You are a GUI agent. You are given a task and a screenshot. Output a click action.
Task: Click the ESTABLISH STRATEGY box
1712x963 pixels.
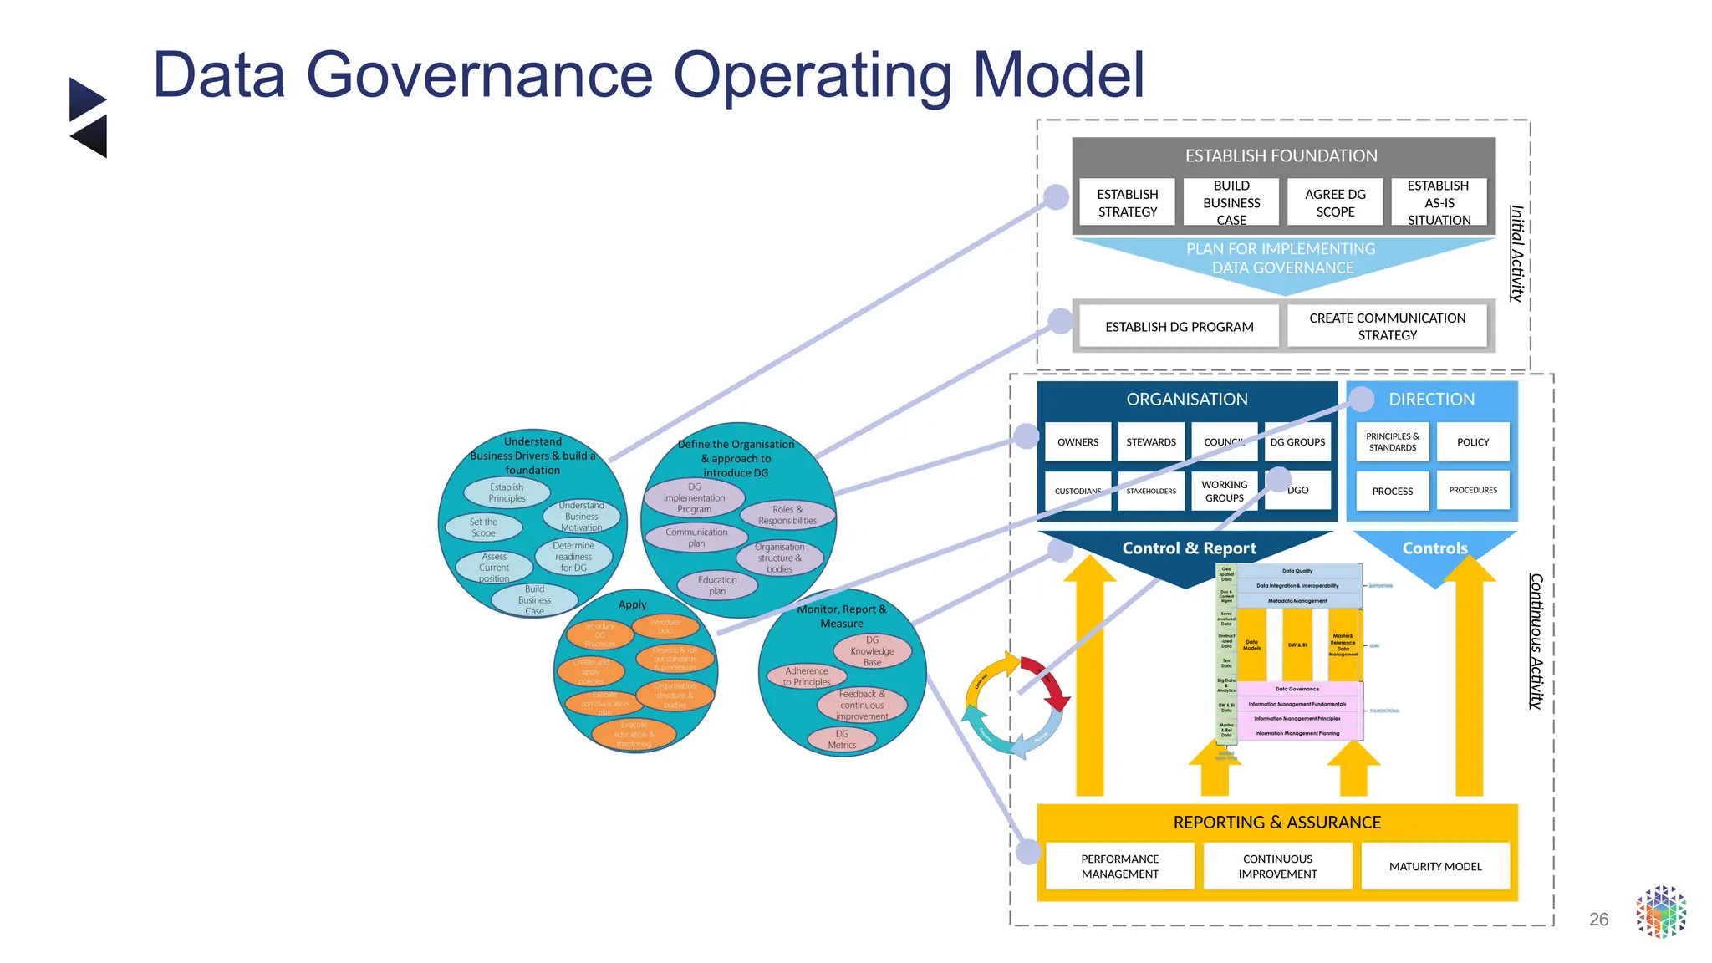[1127, 202]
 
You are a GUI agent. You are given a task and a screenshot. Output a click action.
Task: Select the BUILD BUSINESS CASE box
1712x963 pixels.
[1230, 202]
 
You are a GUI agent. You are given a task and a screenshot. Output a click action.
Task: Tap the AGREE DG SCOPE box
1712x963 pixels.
[1335, 202]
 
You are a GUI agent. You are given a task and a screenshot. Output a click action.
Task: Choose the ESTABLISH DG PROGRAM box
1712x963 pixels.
[1179, 326]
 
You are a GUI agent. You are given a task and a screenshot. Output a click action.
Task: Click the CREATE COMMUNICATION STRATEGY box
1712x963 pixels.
[1387, 326]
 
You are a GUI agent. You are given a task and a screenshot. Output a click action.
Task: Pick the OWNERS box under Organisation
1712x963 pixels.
[1078, 441]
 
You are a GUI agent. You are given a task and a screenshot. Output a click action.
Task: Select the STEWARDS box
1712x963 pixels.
[1150, 441]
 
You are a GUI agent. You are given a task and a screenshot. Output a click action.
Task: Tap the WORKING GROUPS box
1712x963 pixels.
[1224, 491]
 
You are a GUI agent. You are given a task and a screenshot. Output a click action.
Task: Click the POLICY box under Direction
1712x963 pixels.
[1472, 441]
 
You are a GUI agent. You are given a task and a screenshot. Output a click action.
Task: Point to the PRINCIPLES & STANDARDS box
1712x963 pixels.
[1392, 441]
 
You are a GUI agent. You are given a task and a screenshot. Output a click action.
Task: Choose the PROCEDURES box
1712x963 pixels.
[1472, 490]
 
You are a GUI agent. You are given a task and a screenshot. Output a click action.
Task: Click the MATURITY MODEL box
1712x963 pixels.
[1434, 866]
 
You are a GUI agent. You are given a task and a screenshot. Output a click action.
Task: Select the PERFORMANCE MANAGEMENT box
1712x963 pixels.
[1119, 866]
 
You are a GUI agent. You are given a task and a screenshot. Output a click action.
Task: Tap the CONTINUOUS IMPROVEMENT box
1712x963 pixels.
[1277, 866]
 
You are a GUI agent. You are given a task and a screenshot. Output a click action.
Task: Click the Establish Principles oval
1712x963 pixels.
[507, 492]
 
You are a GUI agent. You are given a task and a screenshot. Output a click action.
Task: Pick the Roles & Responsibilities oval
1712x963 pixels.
[787, 515]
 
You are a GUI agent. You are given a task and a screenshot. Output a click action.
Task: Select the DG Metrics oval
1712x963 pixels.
[842, 739]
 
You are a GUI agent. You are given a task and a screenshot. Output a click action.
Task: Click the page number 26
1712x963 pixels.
[1598, 920]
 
